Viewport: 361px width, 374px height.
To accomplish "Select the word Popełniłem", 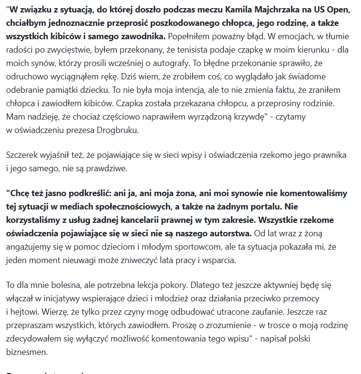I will click(190, 36).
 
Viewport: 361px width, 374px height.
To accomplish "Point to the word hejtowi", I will click(25, 312).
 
